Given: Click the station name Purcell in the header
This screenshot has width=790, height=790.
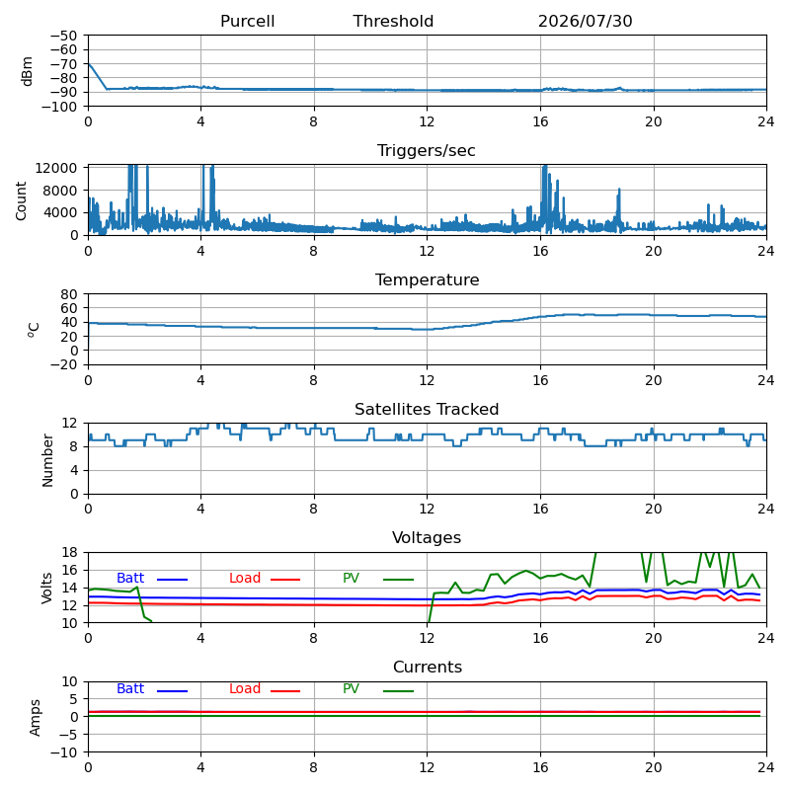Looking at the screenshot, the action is pos(248,21).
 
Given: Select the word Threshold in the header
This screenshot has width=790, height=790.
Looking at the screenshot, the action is pos(393,21).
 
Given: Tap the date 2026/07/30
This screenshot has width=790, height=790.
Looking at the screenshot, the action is pos(585,21).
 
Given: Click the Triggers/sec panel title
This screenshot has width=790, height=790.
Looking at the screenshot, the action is pos(427,151).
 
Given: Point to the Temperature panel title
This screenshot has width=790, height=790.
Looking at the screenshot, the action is pos(428,279).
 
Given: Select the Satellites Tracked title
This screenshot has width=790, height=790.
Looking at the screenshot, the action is pos(427,409).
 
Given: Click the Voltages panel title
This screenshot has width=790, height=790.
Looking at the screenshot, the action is pos(427,537).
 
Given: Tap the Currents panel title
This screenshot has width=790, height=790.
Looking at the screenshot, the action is pos(428,668).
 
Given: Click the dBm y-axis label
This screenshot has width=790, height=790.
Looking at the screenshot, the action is pos(28,71).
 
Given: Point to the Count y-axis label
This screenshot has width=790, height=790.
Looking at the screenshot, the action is pos(21,201).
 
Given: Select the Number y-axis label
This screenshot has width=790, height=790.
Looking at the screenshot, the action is pos(47,460).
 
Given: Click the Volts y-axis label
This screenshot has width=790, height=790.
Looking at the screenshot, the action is pos(46,588).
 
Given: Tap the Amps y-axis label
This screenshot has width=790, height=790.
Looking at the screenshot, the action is pos(35,718).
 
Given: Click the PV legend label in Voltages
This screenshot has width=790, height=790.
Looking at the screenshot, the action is pos(351,578).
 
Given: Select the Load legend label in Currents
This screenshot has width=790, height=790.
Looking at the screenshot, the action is pos(245,688).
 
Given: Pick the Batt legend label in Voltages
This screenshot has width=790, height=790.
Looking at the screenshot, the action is pos(130,578).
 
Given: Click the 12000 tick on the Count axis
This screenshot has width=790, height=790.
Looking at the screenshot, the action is pos(56,168).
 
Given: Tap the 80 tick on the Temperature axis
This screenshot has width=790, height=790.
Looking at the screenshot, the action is pos(69,293).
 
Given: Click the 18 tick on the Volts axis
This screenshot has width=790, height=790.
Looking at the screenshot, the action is pos(69,552).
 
